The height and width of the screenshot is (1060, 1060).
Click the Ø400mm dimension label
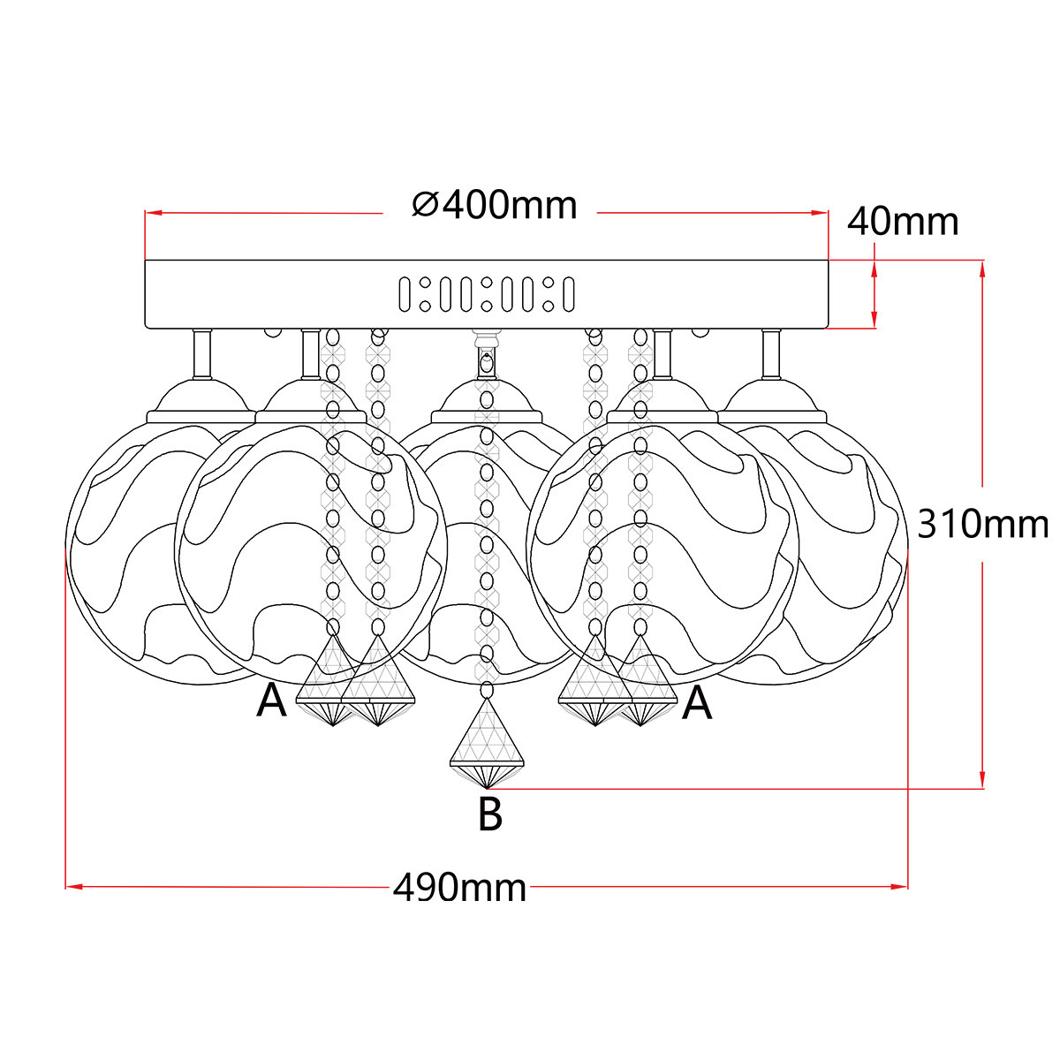pos(495,206)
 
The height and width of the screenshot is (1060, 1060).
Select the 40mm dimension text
pos(903,222)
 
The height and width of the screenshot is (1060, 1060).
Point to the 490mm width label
pos(459,887)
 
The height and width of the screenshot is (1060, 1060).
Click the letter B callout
pos(490,814)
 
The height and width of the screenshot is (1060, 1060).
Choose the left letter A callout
pos(271,702)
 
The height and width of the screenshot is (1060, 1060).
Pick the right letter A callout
pos(697,703)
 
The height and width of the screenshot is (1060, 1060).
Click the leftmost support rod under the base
pos(202,353)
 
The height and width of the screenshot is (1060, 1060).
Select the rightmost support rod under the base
pos(771,353)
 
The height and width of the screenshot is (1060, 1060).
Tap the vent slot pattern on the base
pos(486,294)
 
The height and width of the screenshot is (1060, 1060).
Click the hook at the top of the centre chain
pos(486,360)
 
